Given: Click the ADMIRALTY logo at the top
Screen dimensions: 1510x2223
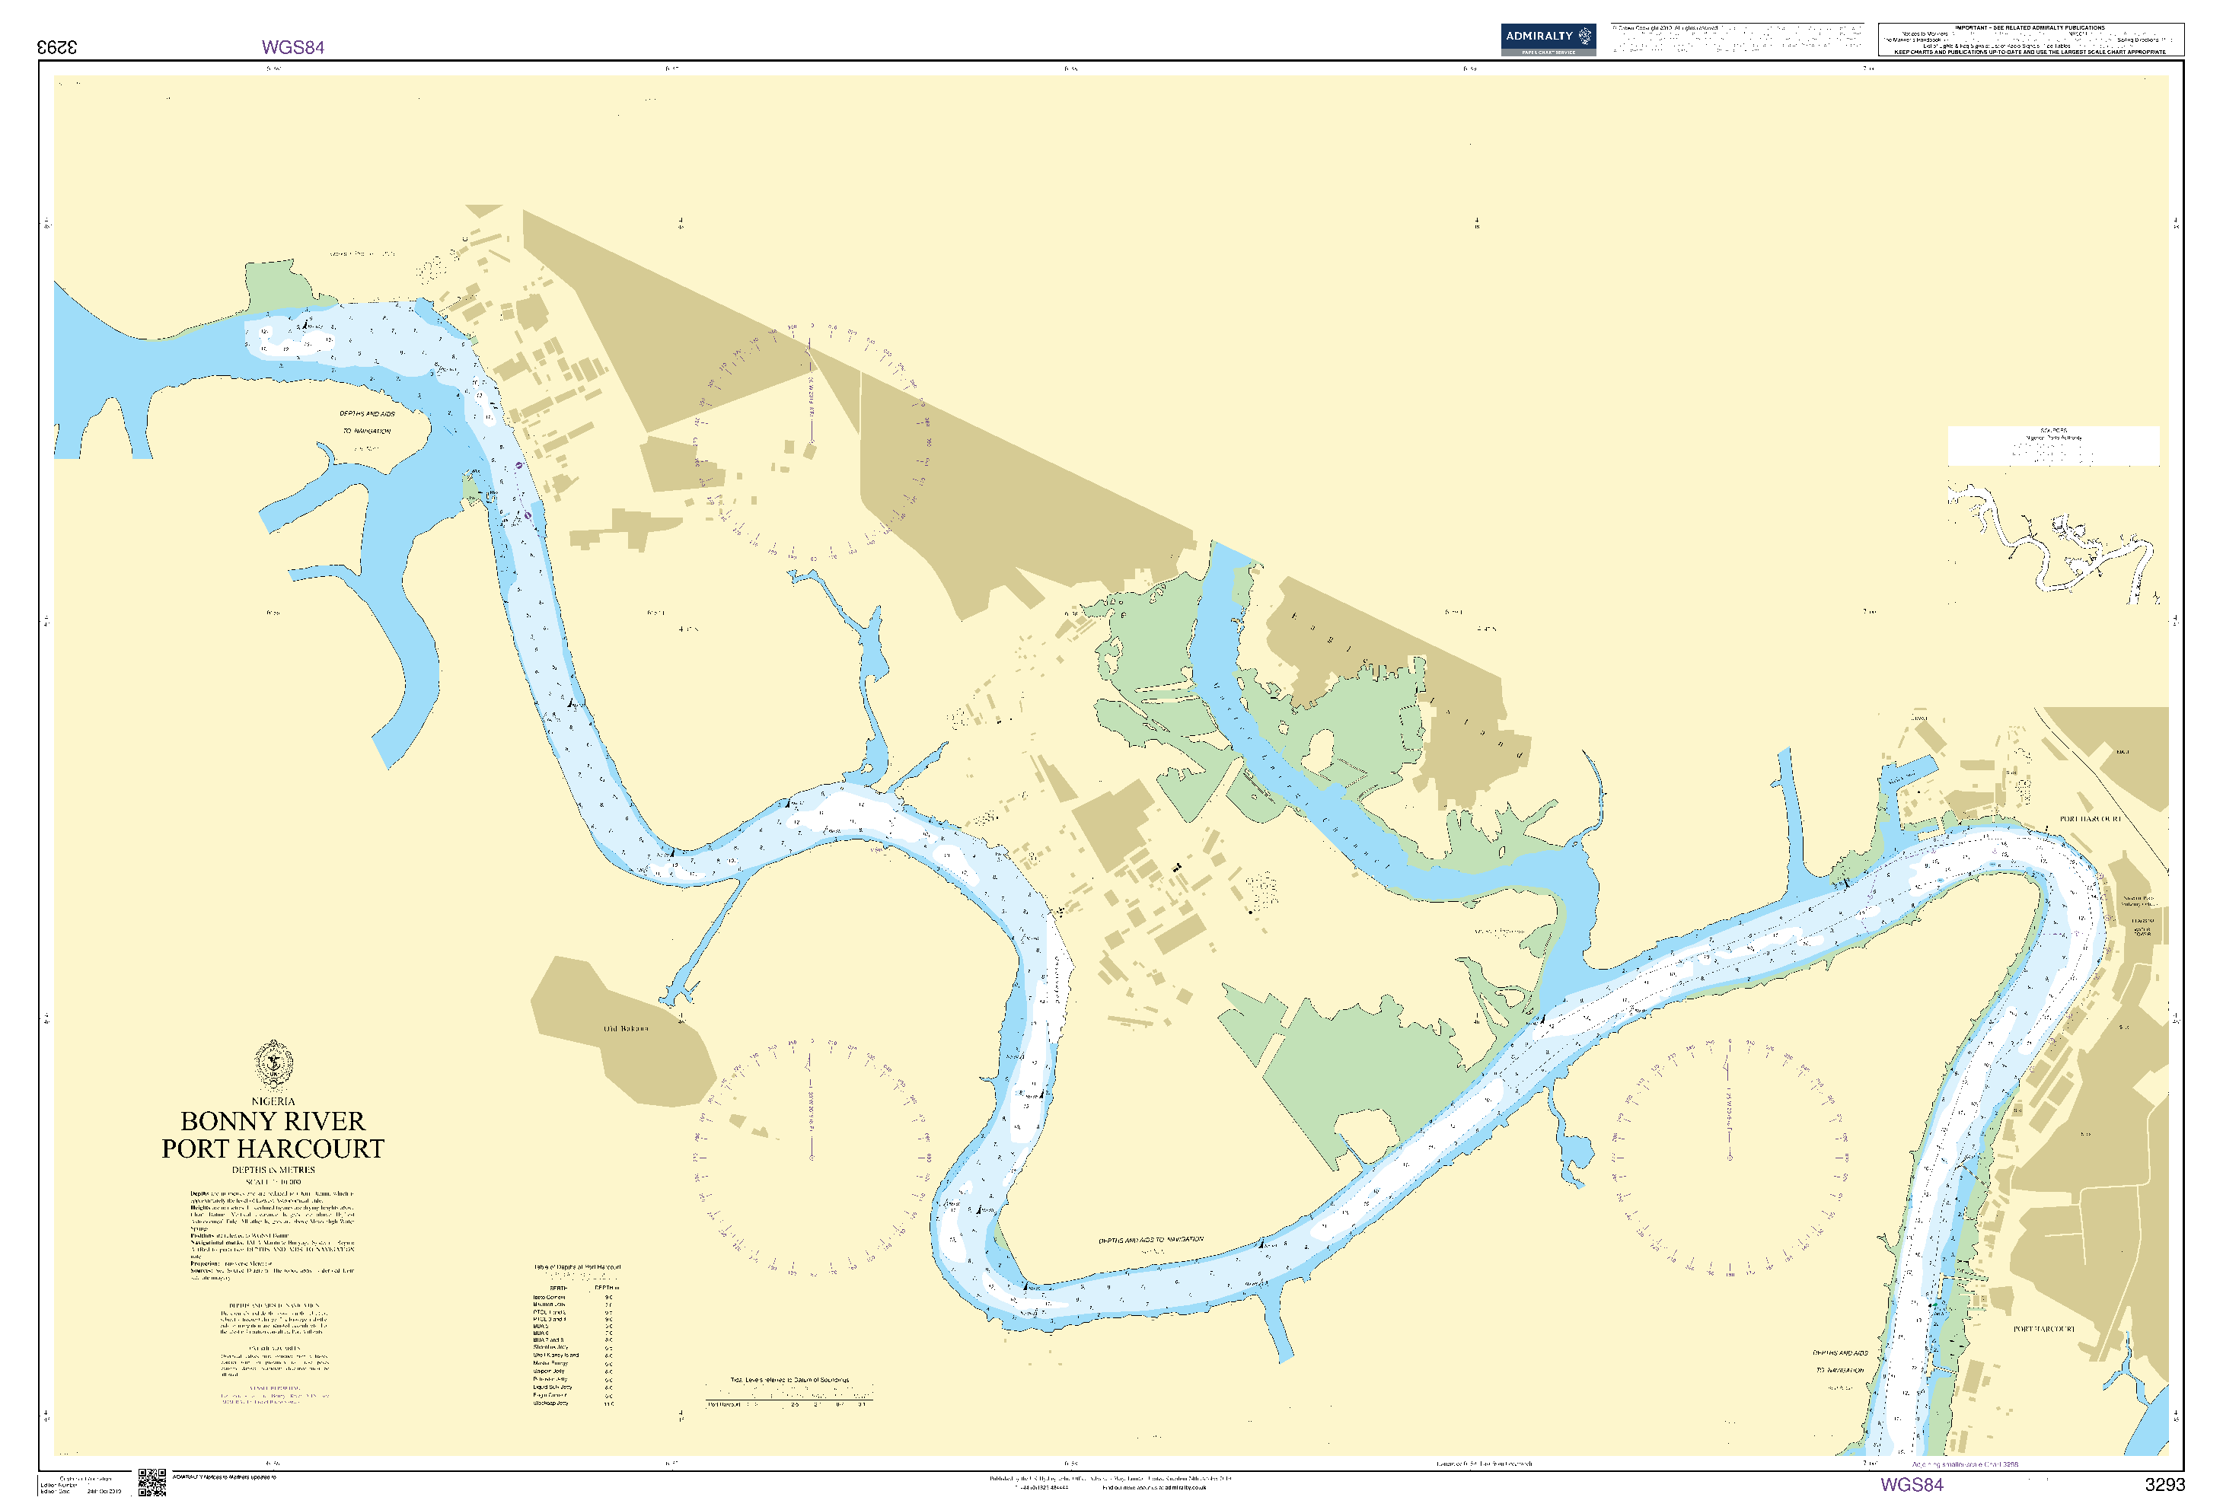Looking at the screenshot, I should (x=1547, y=40).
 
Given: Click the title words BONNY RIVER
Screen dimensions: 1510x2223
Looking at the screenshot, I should (x=273, y=1121).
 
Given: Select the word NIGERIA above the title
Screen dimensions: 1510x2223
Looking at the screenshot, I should (x=273, y=1101).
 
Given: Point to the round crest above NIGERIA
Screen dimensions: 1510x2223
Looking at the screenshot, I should (x=273, y=1064).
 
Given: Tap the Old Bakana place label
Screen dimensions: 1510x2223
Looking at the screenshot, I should (x=626, y=1028).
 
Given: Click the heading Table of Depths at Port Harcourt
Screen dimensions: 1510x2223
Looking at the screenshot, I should (x=577, y=1266).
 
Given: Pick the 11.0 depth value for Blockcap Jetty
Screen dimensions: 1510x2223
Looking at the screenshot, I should (x=609, y=1403).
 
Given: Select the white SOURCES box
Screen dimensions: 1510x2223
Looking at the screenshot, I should (x=2052, y=446).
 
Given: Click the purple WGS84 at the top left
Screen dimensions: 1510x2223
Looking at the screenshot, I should (x=292, y=47).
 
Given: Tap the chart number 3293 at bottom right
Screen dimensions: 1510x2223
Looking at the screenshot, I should (x=2164, y=1484).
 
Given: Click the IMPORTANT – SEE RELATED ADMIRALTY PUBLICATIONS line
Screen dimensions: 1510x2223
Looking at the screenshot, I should (x=2029, y=27).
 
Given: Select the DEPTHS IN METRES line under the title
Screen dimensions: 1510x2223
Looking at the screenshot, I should (x=273, y=1170).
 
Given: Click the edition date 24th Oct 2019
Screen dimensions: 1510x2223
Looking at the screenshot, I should (x=104, y=1491).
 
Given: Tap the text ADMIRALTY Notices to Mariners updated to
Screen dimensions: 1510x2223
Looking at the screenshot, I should (x=224, y=1477).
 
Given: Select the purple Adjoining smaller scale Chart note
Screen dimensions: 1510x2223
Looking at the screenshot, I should (x=1965, y=1464).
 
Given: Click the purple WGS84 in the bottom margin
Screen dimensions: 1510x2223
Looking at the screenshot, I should (x=1911, y=1484).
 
